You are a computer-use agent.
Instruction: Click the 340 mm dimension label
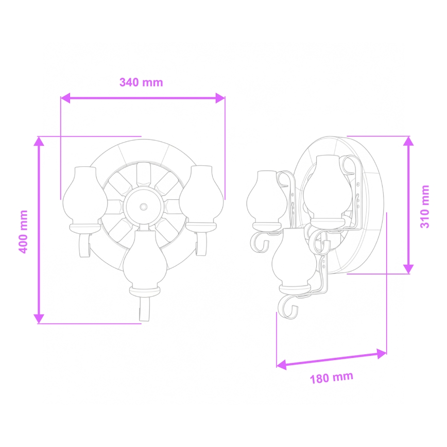[141, 82]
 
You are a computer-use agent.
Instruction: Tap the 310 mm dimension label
[425, 207]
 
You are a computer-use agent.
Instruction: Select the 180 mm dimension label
[332, 378]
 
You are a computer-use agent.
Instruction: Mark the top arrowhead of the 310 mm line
[408, 141]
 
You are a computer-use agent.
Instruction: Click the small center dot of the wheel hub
[143, 207]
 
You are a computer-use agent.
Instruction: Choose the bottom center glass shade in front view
[144, 260]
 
